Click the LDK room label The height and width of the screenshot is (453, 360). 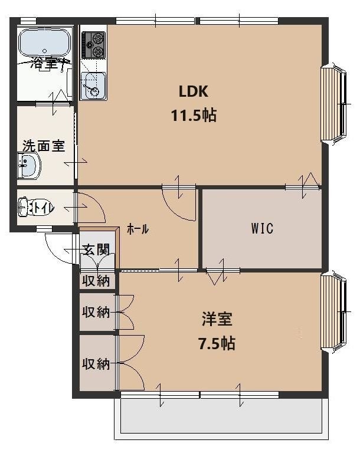pyautogui.click(x=194, y=91)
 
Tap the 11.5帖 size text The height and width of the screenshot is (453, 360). pyautogui.click(x=194, y=116)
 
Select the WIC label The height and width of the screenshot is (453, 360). pyautogui.click(x=262, y=228)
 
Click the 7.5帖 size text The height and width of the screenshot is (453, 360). pyautogui.click(x=217, y=343)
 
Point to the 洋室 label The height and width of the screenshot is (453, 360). pyautogui.click(x=217, y=319)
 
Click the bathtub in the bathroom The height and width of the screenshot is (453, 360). pyautogui.click(x=45, y=42)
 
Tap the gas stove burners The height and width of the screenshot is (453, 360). pyautogui.click(x=94, y=45)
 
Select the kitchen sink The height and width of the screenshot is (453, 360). pyautogui.click(x=93, y=86)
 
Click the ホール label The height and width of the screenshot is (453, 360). pyautogui.click(x=138, y=229)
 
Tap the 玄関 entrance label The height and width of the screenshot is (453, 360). pyautogui.click(x=96, y=250)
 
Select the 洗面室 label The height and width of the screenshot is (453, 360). pyautogui.click(x=43, y=146)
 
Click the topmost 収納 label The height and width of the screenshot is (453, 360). pyautogui.click(x=96, y=281)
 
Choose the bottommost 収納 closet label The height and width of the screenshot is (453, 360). pyautogui.click(x=96, y=363)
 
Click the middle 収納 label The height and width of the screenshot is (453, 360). pyautogui.click(x=96, y=312)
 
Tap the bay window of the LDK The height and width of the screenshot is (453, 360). pyautogui.click(x=334, y=103)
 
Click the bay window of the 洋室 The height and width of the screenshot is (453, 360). pyautogui.click(x=334, y=312)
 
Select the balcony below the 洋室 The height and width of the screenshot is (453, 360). pyautogui.click(x=221, y=416)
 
